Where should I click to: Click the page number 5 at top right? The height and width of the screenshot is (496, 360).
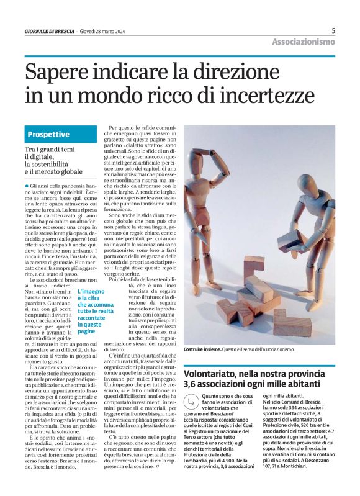click(x=333, y=30)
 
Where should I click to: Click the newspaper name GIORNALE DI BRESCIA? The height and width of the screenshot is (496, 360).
click(x=50, y=31)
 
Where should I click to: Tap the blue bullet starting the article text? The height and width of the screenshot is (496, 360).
click(x=27, y=186)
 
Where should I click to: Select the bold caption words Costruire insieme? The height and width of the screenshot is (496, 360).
click(x=202, y=350)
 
